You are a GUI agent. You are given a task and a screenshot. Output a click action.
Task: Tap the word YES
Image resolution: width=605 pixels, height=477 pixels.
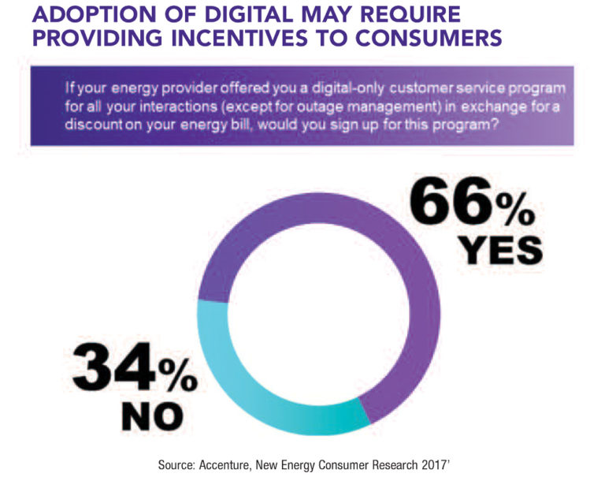click(x=501, y=251)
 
